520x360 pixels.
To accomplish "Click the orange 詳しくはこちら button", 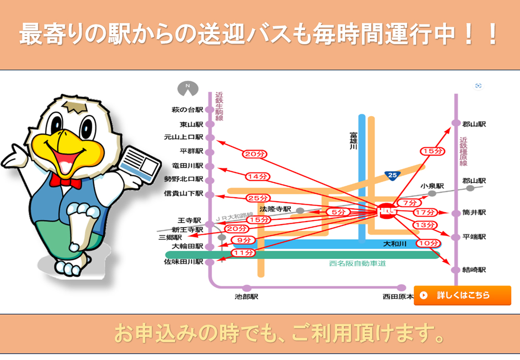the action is click(462, 295).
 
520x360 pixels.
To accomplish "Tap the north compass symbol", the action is click(188, 88).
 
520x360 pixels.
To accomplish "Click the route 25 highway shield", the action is click(392, 175).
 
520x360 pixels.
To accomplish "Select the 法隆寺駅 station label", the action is click(275, 209).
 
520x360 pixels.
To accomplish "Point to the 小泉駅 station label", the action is click(432, 186).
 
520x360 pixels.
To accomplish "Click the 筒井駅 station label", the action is click(474, 212).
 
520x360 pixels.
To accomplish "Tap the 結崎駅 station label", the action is click(474, 270).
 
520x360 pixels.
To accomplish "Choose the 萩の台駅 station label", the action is click(188, 110).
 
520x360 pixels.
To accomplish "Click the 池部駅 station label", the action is click(246, 297).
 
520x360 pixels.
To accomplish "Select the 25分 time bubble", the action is click(258, 198).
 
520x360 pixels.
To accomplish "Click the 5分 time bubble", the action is click(338, 212).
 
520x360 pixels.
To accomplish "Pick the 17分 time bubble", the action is click(425, 212).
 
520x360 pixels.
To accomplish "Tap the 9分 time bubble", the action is click(244, 240).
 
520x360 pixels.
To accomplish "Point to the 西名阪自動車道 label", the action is click(358, 263).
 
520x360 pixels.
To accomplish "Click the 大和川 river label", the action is click(395, 244).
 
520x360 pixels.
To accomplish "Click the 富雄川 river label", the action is click(353, 141).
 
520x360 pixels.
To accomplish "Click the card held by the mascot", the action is click(139, 164).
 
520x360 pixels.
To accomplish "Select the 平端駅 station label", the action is click(474, 237).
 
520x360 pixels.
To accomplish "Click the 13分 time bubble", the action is click(425, 225).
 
